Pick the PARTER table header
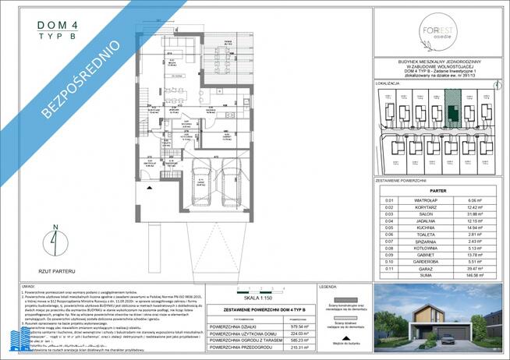point(437,190)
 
